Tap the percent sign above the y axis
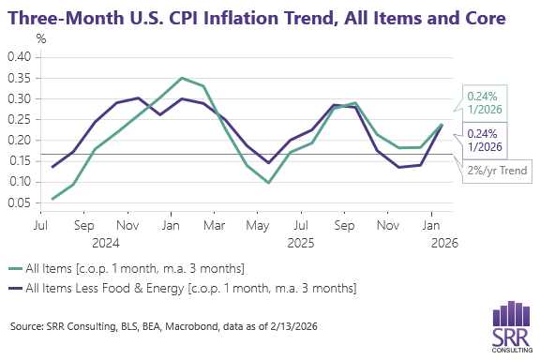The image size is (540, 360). click(41, 38)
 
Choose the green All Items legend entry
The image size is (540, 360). click(141, 269)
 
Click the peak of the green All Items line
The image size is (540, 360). click(182, 78)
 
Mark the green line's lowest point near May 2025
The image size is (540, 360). click(267, 183)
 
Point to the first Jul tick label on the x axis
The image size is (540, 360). click(41, 226)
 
